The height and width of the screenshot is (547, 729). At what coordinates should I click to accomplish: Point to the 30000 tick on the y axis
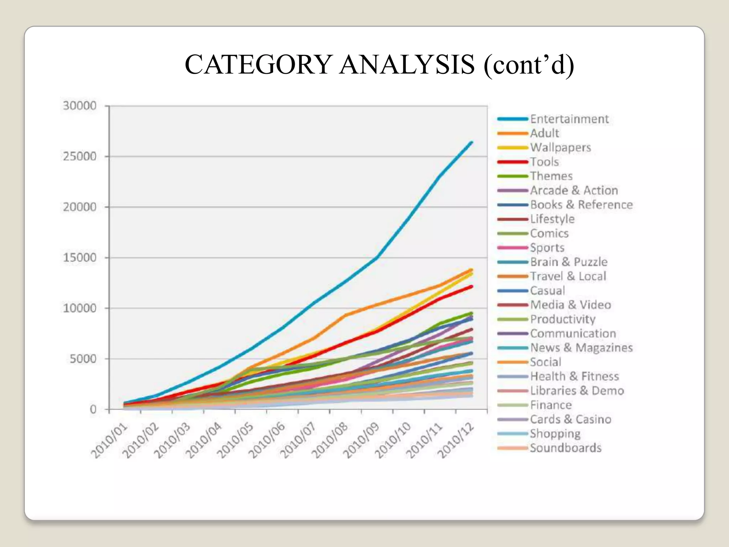[80, 106]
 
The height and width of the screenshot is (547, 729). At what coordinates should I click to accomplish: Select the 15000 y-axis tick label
[80, 257]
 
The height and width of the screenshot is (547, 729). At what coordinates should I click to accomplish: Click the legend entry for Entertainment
[569, 119]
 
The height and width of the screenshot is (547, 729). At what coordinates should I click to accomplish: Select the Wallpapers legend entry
[560, 147]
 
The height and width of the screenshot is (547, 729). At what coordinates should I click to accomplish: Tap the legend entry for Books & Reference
[581, 205]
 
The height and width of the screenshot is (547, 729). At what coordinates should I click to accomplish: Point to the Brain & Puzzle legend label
[568, 262]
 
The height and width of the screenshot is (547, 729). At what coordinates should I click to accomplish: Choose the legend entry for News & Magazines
[581, 348]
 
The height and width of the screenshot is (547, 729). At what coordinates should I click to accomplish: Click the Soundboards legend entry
[566, 448]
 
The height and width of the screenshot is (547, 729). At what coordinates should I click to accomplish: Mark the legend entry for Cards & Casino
[571, 419]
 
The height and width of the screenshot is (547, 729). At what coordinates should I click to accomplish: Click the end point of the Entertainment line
[472, 142]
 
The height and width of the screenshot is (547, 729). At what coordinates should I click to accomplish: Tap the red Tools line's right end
[472, 286]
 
